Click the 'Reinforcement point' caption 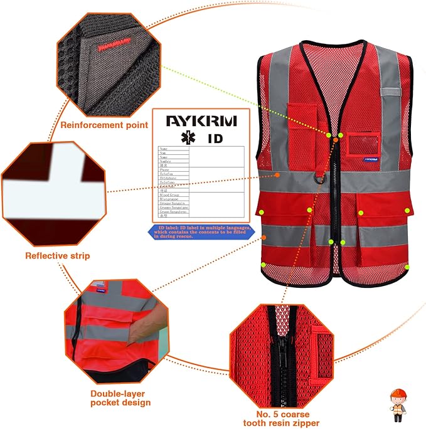click(104, 125)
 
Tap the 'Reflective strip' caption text click(57, 256)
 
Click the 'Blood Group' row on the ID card click(172, 196)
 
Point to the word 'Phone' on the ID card click(165, 170)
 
